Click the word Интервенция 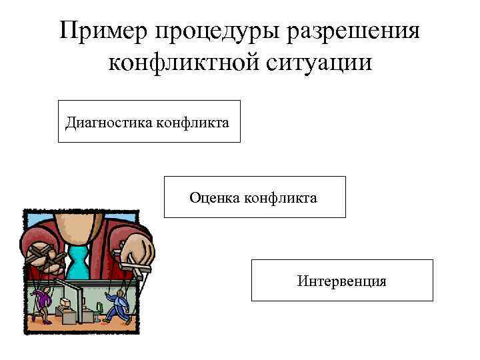342,281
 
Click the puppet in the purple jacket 43,301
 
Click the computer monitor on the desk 65,303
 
